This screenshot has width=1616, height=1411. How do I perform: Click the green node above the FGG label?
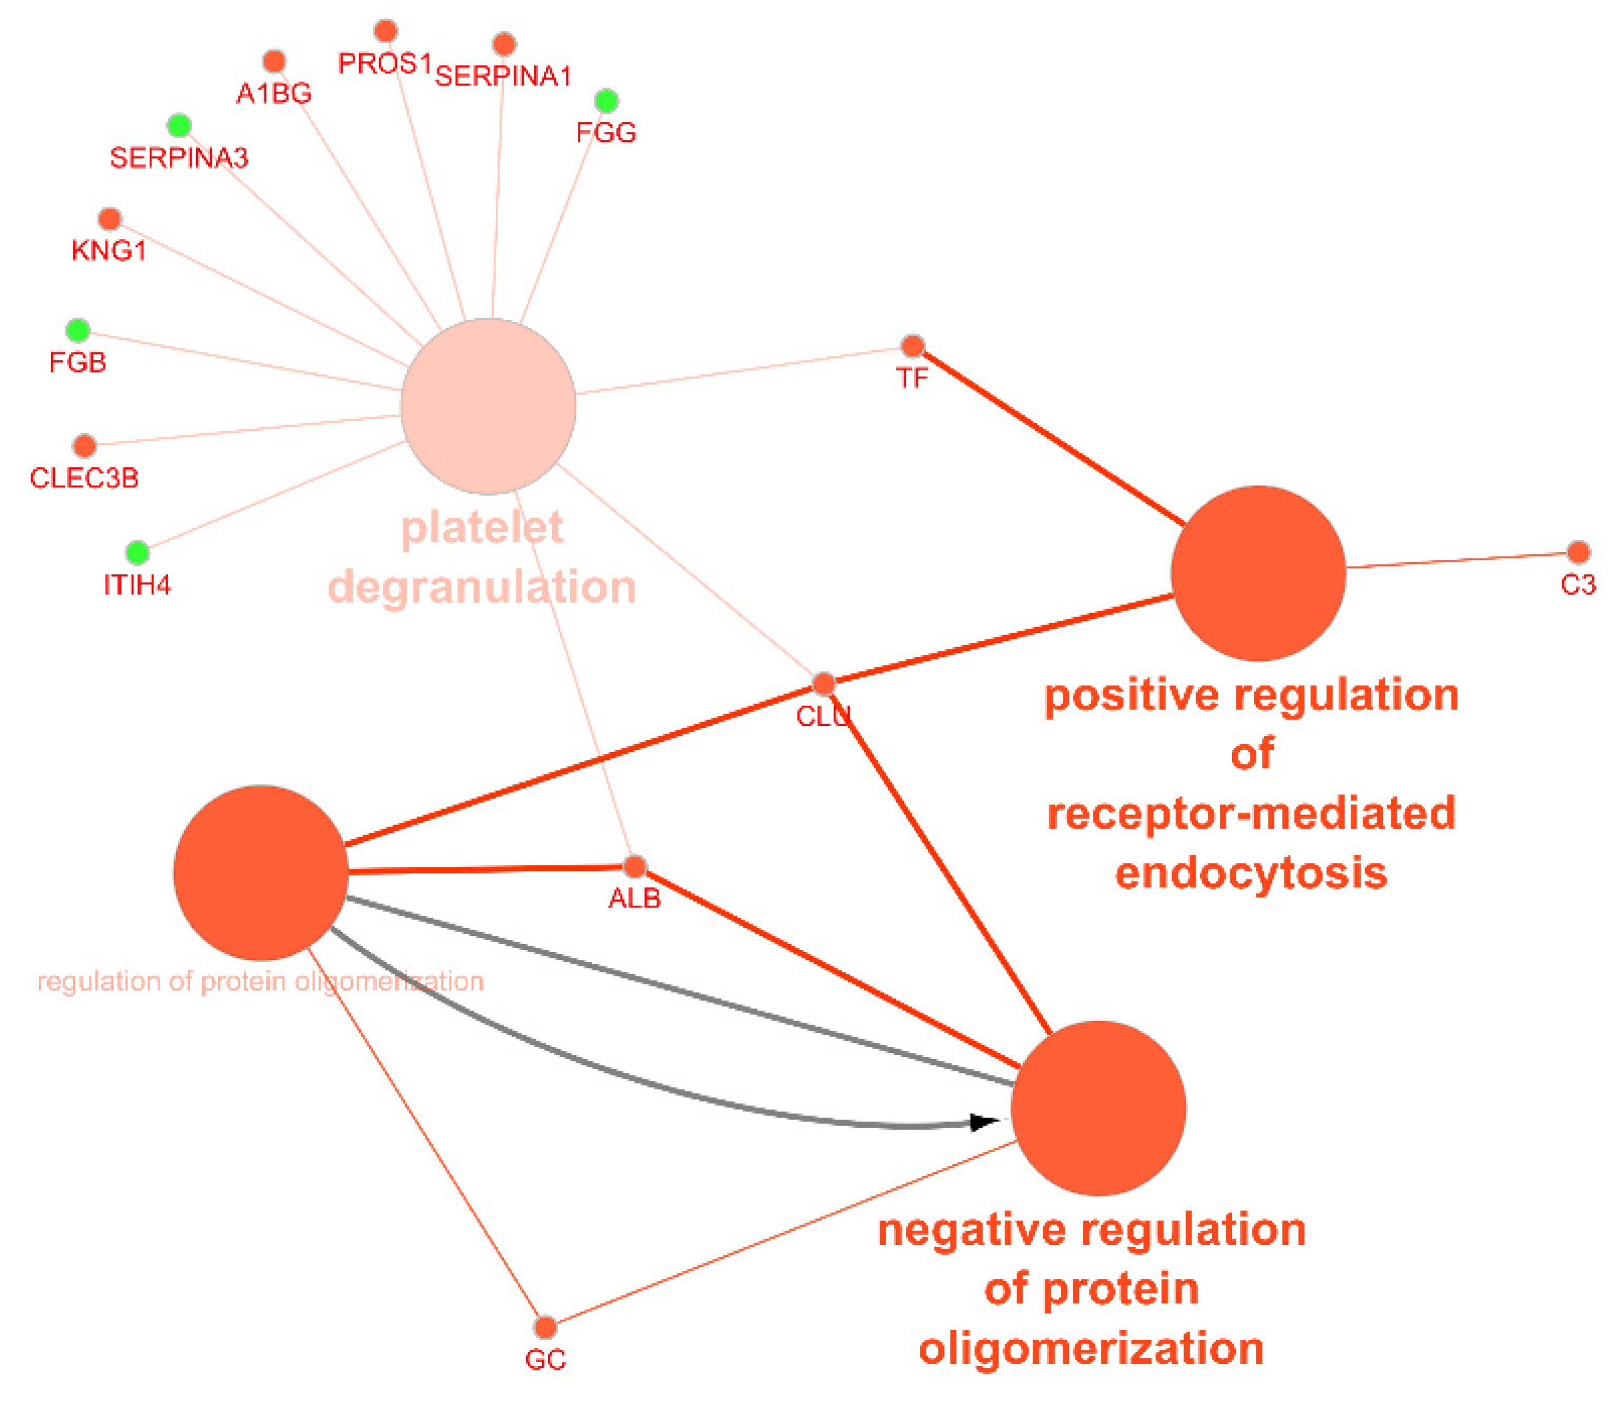606,101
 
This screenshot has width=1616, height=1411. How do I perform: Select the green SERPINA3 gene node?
179,125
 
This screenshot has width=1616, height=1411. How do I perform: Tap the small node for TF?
912,345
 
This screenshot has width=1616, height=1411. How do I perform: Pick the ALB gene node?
634,867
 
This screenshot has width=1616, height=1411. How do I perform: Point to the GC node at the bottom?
545,1328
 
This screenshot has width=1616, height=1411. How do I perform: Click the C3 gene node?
1577,552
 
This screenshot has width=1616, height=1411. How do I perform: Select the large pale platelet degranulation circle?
488,406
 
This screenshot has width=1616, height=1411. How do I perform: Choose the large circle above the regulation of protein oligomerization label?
261,872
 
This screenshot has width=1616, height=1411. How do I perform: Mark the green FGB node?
78,330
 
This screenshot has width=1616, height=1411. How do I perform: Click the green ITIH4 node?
138,552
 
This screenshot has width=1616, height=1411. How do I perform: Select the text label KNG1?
109,251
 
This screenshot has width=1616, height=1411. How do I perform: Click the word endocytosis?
1251,873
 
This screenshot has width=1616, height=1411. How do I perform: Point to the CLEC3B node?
84,446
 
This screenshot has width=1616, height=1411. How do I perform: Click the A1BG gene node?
274,61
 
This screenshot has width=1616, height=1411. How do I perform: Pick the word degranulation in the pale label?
482,588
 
